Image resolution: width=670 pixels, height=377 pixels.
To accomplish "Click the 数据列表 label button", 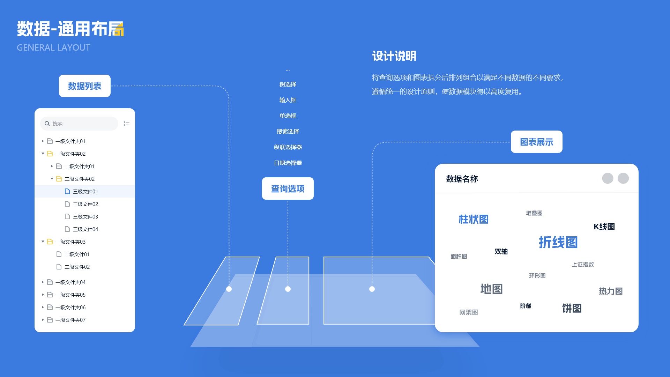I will (x=84, y=86).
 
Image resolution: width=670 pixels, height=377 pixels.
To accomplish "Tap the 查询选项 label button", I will (x=288, y=188).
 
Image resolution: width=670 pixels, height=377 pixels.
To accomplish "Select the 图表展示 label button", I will (x=536, y=142).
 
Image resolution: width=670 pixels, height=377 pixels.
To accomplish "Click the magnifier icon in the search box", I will (x=47, y=124).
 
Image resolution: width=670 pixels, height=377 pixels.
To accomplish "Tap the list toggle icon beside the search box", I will (x=127, y=124).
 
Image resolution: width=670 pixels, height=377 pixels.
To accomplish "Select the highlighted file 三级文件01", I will (x=85, y=191).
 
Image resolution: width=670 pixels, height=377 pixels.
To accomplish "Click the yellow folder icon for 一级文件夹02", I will (x=50, y=154).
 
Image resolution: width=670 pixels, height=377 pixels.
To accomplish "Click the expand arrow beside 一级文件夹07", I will (x=43, y=320).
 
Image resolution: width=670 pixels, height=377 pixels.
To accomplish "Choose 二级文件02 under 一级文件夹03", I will (x=77, y=267).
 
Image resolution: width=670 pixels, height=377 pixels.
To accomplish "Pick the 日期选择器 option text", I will (x=288, y=163).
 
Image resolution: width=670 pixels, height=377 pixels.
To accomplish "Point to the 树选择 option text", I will (x=288, y=84).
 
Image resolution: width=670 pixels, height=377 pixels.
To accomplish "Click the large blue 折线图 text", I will (x=558, y=242).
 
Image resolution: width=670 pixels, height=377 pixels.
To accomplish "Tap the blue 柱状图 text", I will (x=473, y=219).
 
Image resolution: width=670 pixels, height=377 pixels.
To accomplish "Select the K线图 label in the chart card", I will (x=604, y=227).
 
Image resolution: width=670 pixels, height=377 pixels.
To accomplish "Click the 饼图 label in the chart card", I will (x=572, y=308).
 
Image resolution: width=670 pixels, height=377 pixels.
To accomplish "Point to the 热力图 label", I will (x=611, y=291).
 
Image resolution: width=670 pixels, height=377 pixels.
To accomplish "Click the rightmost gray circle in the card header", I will (x=623, y=178).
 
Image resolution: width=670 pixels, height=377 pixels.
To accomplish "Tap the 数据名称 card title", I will (x=462, y=179).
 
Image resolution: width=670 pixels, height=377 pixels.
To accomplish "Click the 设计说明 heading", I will (x=394, y=56).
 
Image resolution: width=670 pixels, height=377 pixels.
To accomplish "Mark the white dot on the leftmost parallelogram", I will (x=229, y=289).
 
